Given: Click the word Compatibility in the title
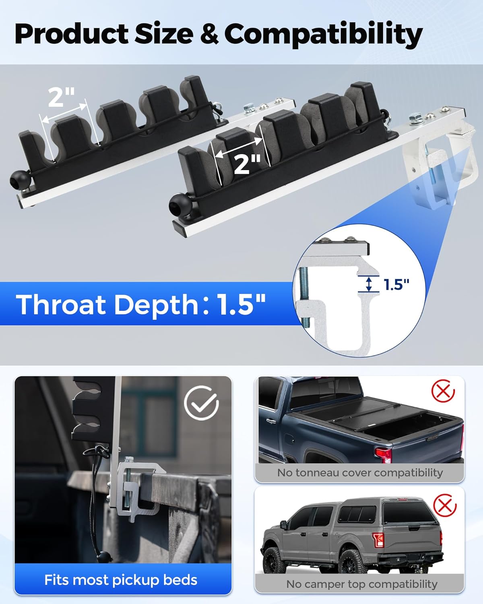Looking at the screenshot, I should pos(323,35).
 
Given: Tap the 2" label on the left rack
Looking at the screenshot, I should pos(61,97).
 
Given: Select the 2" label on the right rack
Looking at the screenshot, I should pos(247,164).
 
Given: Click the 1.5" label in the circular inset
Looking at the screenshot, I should pos(396,284).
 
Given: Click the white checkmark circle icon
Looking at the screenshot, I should pos(201,403).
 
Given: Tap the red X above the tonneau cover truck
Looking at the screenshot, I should pos(443,391).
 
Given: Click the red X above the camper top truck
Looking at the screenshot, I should pos(444,506).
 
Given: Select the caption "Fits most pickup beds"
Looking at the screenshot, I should pos(121,580).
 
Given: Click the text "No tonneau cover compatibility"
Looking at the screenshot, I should pos(360,472).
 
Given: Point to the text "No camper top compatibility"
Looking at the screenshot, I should pos(361,584).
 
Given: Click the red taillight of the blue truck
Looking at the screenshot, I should pos(383,454).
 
